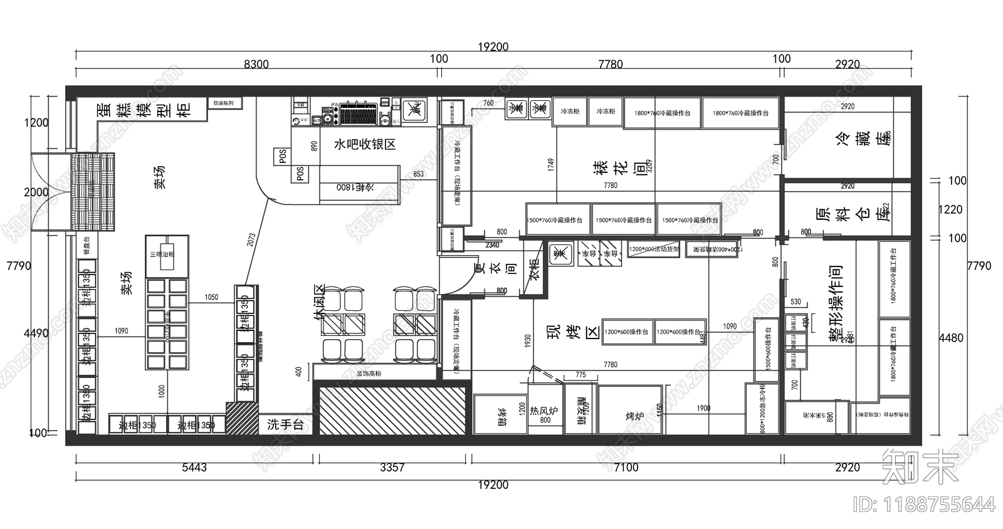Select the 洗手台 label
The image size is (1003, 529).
click(x=285, y=424)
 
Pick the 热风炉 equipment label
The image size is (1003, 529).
click(x=544, y=411)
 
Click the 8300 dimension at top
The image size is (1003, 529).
click(x=256, y=64)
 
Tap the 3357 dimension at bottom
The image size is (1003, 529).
click(x=392, y=468)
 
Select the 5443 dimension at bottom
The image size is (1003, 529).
click(x=194, y=468)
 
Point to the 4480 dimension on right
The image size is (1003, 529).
click(x=951, y=338)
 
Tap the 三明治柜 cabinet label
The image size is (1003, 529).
click(x=161, y=254)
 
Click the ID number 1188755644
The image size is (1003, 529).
click(x=923, y=505)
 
